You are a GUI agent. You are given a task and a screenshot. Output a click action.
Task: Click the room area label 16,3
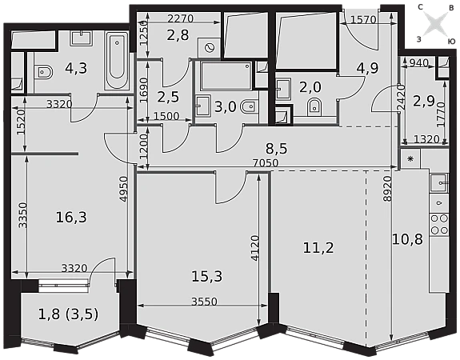[x=71, y=218]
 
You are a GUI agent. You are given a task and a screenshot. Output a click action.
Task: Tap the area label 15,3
[x=207, y=276]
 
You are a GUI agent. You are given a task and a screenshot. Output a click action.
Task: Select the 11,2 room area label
[x=318, y=248]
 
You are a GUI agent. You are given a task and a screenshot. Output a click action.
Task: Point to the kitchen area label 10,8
[x=407, y=239]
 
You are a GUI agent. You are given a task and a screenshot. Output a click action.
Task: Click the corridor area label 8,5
[x=277, y=149]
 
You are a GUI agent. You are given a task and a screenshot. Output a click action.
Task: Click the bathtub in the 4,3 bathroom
[x=117, y=61]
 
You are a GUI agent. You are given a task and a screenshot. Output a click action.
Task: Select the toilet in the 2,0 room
[x=314, y=107]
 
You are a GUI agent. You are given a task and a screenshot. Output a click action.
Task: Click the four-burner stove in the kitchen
[x=439, y=225]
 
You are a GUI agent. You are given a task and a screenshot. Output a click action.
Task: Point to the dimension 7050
[x=266, y=162]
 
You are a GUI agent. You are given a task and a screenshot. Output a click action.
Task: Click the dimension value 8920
[x=388, y=188]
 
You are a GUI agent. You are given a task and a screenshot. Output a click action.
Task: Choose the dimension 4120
[x=255, y=248]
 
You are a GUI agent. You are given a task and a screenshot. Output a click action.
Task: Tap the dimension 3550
[x=204, y=302]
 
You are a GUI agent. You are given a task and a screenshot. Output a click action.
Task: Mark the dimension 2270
[x=181, y=18]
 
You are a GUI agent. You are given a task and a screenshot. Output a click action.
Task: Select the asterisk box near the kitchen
[x=410, y=158]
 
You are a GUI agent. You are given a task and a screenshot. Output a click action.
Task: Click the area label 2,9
[x=424, y=101]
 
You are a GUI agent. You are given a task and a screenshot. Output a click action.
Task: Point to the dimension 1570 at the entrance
[x=363, y=20]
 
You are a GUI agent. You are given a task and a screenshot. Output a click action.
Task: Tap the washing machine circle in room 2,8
[x=209, y=47]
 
